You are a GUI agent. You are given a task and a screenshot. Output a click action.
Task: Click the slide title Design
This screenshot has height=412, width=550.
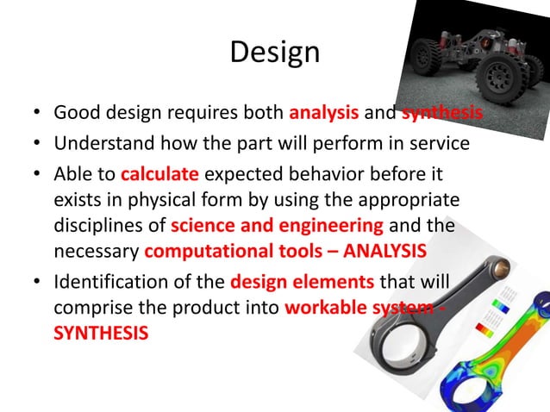tap(275, 53)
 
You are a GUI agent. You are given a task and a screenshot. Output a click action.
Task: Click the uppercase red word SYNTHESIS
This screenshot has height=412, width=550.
tap(101, 333)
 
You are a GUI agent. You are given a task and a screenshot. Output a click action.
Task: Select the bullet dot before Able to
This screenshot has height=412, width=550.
tap(38, 174)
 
